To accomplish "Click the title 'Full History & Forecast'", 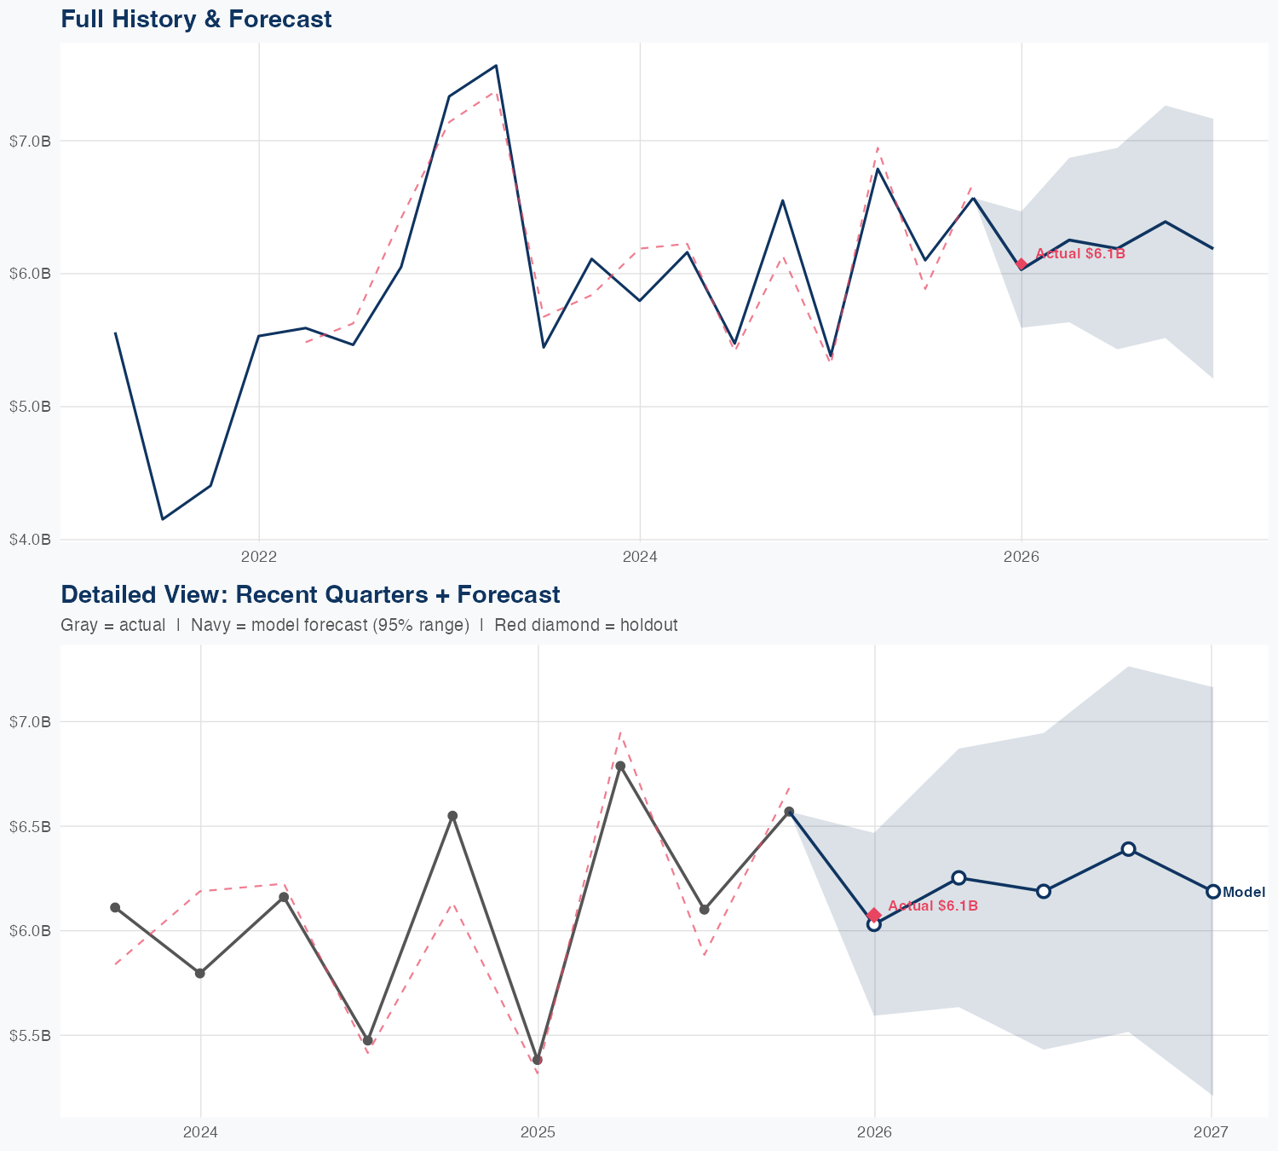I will tap(196, 19).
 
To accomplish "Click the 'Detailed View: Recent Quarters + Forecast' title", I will tap(310, 594).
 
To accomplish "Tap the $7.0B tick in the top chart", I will tap(30, 141).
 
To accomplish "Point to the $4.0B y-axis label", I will tap(30, 540).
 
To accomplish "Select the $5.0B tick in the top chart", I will tap(30, 407).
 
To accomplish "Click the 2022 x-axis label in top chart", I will tap(259, 558).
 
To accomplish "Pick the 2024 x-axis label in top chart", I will tap(640, 558).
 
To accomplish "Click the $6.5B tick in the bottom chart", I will tap(30, 826).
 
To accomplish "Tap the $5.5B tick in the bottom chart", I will tap(30, 1036).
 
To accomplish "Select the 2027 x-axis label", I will tap(1211, 1133).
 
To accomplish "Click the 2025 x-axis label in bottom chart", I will tap(538, 1133).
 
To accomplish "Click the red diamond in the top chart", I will tap(1022, 264).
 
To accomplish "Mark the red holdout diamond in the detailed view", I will tap(874, 915).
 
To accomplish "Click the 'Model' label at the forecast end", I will tap(1244, 893).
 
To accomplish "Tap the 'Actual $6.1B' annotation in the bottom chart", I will tap(933, 906).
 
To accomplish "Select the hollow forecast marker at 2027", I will tap(1212, 891).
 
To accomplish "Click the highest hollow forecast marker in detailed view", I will tap(1128, 849).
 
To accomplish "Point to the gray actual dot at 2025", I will tap(537, 1060).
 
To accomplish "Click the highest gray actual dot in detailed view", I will tap(620, 766).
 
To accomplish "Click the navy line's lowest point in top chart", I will tap(163, 519).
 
